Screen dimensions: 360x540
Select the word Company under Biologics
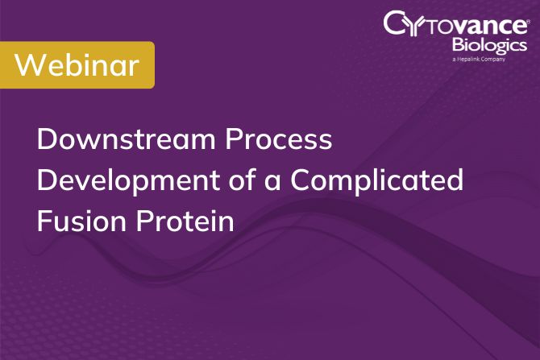tap(505, 60)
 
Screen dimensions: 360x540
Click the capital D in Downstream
tap(47, 139)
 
